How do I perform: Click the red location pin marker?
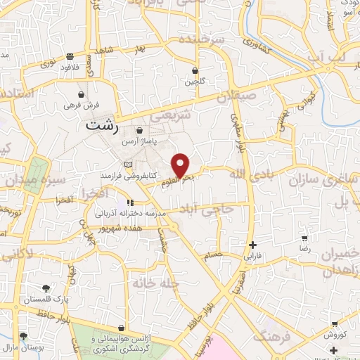pyautogui.click(x=181, y=165)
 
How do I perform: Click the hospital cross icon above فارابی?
pyautogui.click(x=252, y=245)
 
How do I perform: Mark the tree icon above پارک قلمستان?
pyautogui.click(x=46, y=288)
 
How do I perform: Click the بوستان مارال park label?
pyautogui.click(x=24, y=347)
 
